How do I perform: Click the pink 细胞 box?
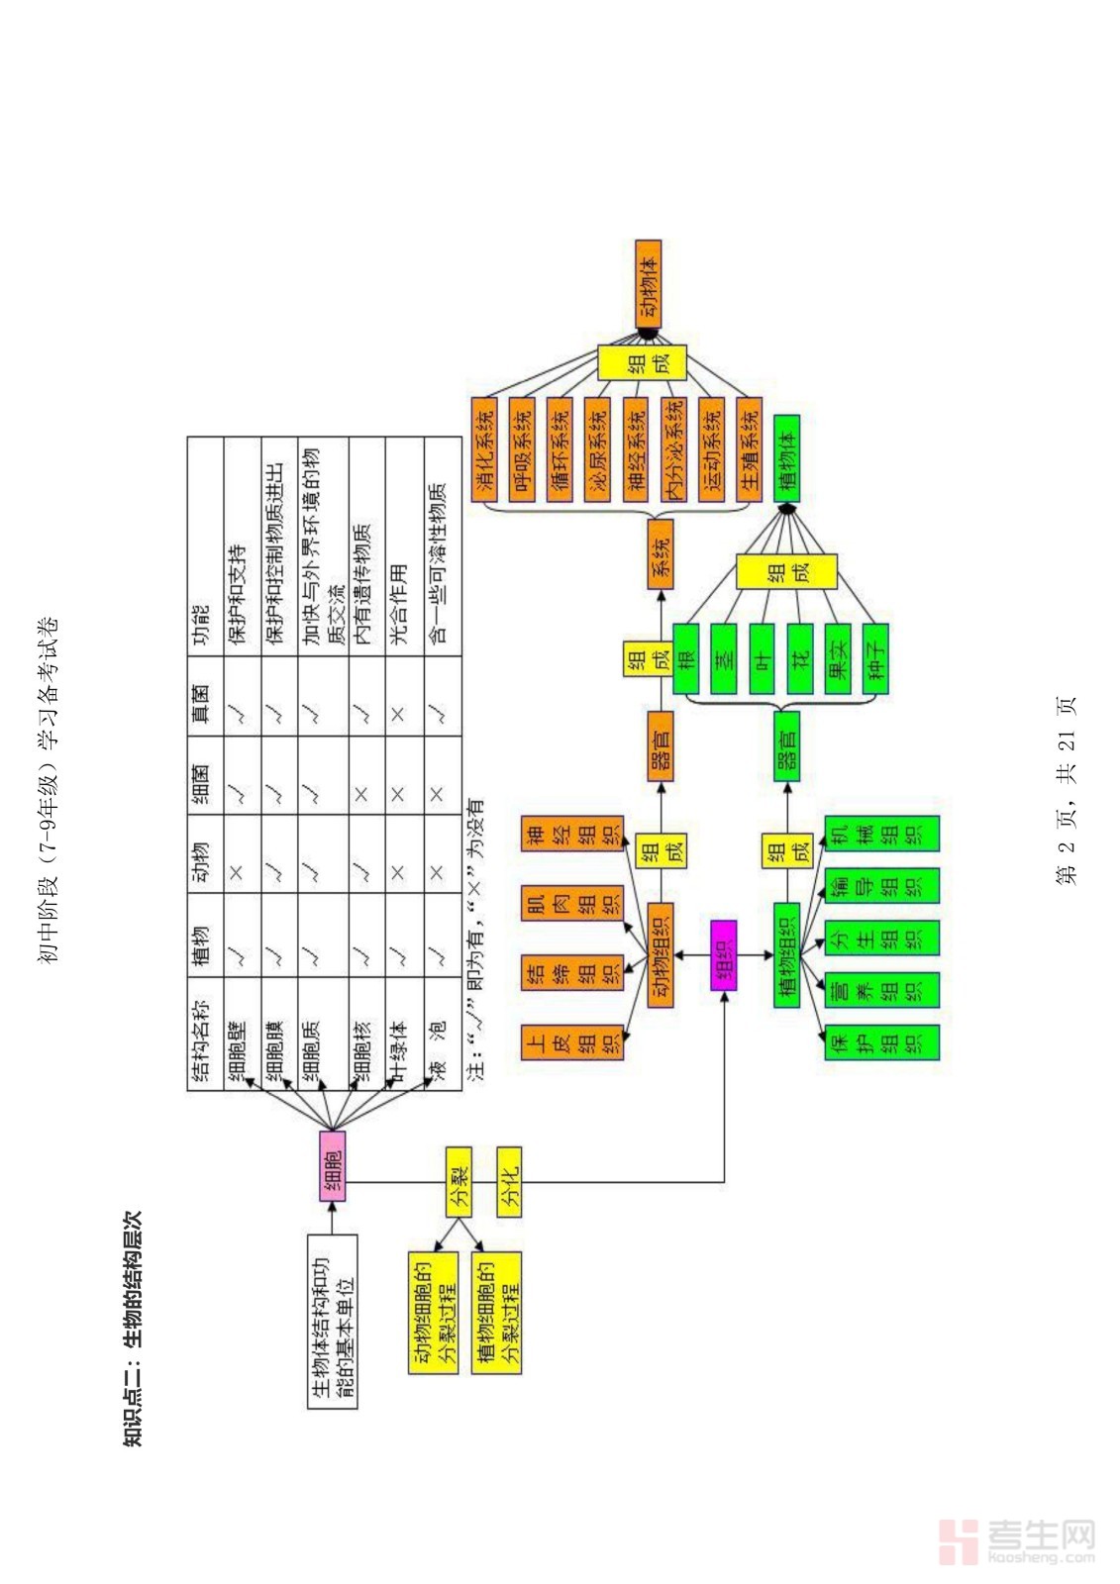(x=333, y=1165)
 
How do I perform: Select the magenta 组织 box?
(x=724, y=954)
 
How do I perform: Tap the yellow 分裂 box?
(x=458, y=1181)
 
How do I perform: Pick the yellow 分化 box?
(x=509, y=1181)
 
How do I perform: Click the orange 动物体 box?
(x=648, y=283)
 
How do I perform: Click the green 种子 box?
(x=875, y=657)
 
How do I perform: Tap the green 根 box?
(x=686, y=657)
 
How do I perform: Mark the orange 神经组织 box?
(x=572, y=834)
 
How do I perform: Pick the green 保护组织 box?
(x=881, y=1056)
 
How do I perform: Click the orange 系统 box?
(x=661, y=554)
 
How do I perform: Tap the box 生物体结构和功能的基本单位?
(x=333, y=1320)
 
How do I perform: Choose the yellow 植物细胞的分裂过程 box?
(x=497, y=1312)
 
